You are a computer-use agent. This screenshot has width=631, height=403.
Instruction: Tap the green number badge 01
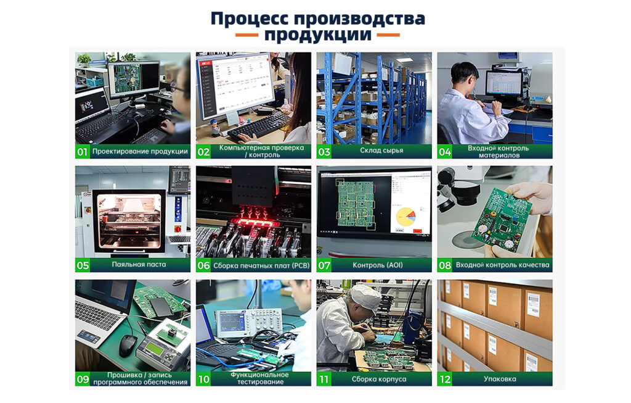tap(83, 152)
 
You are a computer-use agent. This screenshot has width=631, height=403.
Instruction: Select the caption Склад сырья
tap(381, 151)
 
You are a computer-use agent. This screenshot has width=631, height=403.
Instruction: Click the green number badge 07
tap(324, 265)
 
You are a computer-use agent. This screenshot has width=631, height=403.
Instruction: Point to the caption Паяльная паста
tap(139, 264)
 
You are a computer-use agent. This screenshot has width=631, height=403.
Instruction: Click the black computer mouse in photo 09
tap(128, 344)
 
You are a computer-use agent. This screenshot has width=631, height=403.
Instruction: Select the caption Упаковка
tap(500, 379)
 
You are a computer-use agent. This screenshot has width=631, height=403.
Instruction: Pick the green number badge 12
tap(445, 379)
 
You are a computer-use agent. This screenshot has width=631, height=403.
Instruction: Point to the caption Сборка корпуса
tap(379, 379)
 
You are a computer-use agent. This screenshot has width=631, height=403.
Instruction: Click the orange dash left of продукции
tap(246, 35)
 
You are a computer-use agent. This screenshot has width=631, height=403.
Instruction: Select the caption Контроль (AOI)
tap(378, 265)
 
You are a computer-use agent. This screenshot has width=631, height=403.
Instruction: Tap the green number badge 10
tap(203, 379)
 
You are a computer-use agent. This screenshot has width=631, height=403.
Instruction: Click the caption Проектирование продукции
tap(140, 152)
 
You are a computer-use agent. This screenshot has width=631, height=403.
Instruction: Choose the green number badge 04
tap(445, 152)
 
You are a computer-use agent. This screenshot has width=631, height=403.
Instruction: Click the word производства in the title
tap(359, 19)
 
